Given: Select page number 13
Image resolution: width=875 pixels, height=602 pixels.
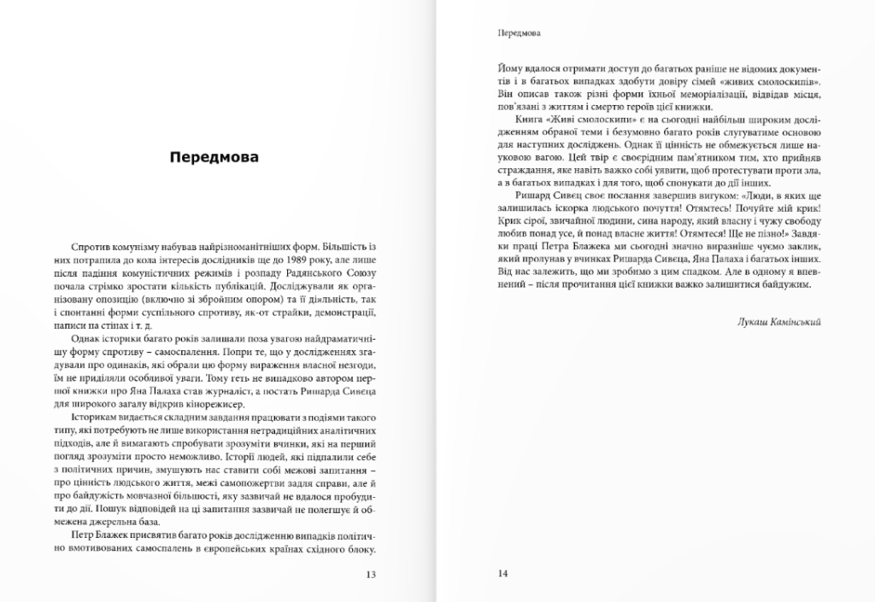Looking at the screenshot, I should tap(370, 574).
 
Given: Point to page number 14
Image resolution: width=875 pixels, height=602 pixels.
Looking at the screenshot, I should tap(502, 573).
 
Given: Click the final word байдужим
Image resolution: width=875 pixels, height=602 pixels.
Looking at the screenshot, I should tap(782, 285).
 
